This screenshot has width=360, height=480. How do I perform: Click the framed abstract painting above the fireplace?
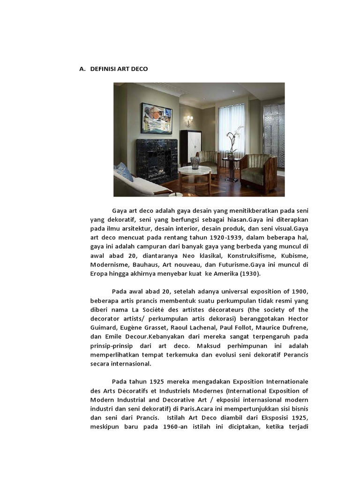[x=157, y=119]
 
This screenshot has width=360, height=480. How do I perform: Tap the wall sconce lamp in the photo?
[x=189, y=120]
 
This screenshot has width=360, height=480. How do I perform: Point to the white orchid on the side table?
[x=232, y=138]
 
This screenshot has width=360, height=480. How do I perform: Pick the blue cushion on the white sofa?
[x=124, y=172]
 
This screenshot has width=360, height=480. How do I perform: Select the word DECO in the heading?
[x=140, y=69]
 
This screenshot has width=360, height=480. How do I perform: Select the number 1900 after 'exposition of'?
[x=299, y=291]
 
